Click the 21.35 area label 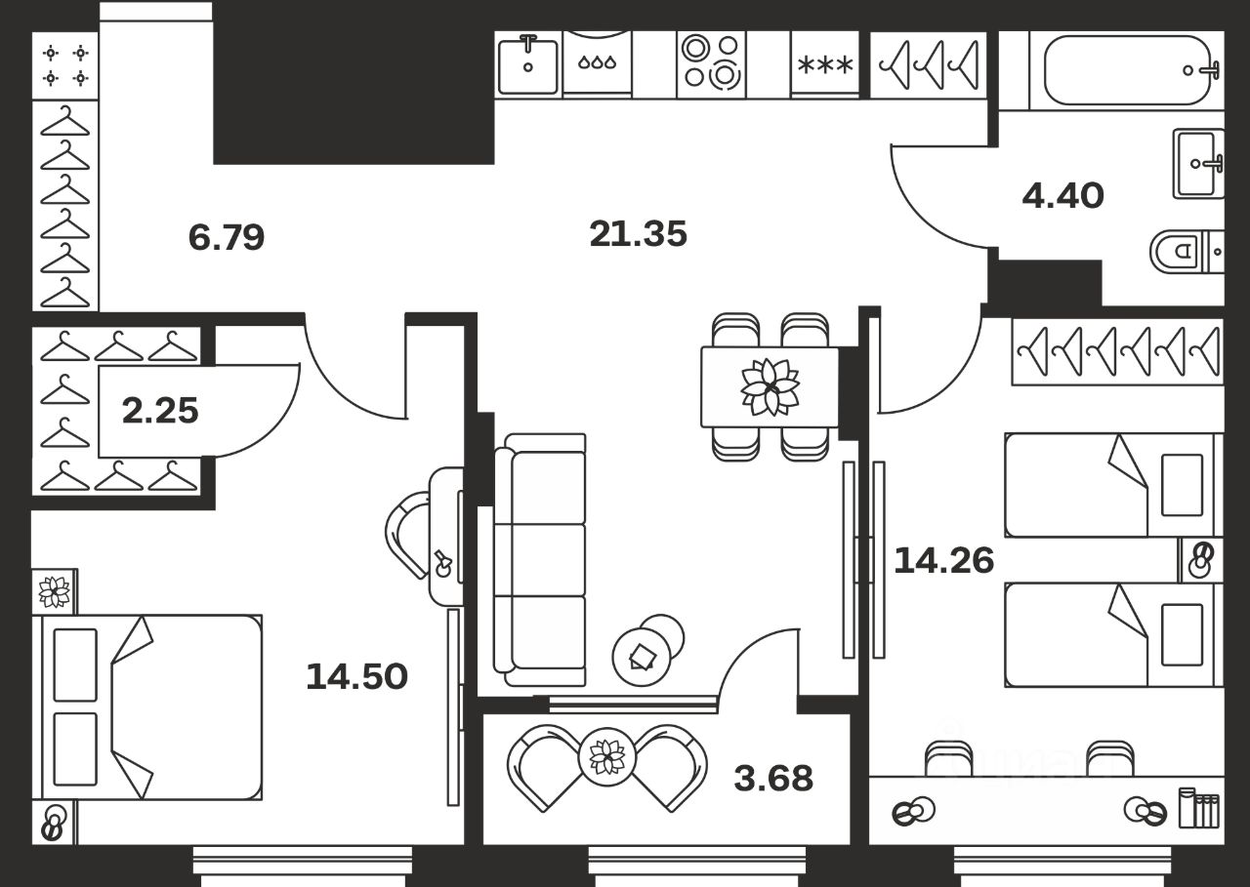pos(639,234)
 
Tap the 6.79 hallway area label pos(227,237)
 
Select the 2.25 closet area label pos(160,411)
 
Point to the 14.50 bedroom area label pos(356,676)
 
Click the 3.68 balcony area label pos(773,779)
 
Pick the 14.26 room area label pos(944,560)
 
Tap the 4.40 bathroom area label pos(1062,196)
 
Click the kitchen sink pos(527,64)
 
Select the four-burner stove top pos(711,62)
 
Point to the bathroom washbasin pos(1197,164)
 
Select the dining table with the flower pos(770,386)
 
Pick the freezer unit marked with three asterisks pos(825,64)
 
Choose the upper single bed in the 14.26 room pos(1112,485)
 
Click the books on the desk pos(1198,808)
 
